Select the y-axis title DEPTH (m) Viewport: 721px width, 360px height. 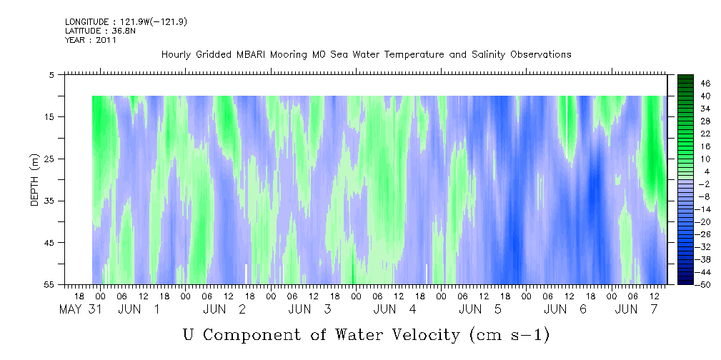(x=36, y=180)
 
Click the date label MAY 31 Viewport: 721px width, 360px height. (x=81, y=309)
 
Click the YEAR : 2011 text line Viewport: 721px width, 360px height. (x=91, y=40)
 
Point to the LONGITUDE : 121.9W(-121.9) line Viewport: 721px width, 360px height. (x=126, y=21)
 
